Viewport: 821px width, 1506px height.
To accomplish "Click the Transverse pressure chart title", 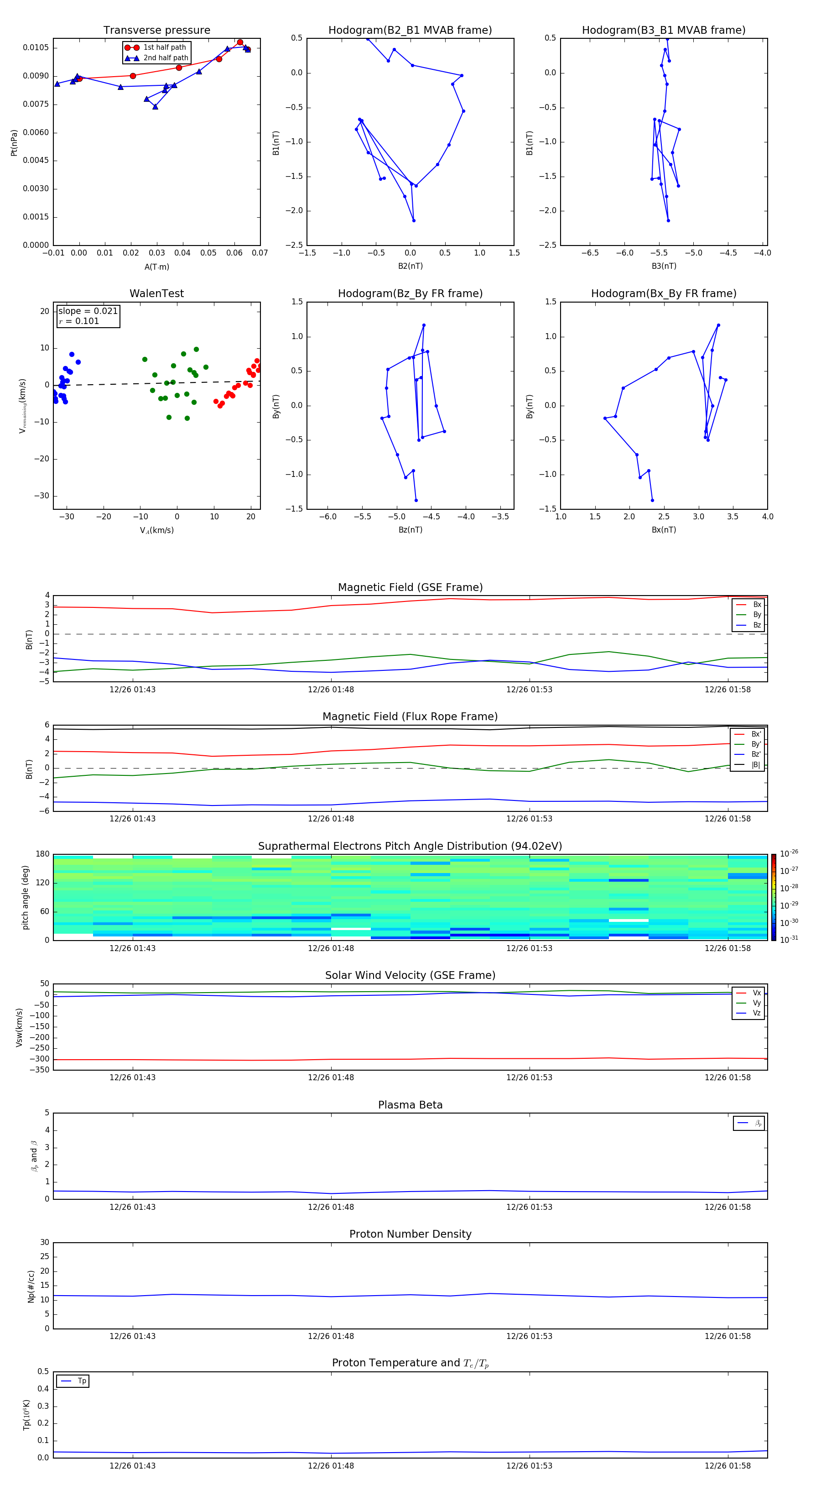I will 156,31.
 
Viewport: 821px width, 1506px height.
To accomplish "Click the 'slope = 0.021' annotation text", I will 88,311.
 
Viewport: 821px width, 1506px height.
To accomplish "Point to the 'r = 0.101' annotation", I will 79,321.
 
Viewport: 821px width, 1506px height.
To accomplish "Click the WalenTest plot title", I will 156,293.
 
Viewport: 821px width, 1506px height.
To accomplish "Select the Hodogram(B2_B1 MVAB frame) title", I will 410,31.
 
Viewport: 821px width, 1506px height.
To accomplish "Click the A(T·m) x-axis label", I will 156,267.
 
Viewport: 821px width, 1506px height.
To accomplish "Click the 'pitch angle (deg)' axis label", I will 25,897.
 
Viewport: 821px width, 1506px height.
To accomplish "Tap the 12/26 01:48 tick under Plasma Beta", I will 331,1207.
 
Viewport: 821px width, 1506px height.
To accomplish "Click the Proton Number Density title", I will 410,1234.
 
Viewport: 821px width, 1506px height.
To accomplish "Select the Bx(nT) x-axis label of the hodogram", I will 664,530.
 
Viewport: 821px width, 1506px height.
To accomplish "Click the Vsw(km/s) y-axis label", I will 19,1027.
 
